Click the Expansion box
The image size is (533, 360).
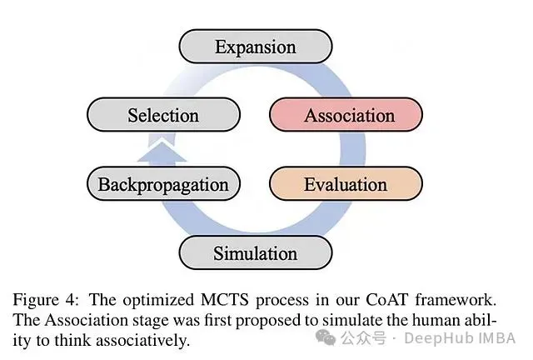point(256,47)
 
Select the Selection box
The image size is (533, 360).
point(163,115)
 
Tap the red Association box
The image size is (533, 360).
point(346,115)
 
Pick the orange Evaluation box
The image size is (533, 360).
point(346,183)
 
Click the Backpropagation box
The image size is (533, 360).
point(163,183)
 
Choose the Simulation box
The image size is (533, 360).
point(256,252)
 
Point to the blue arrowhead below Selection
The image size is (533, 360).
point(162,152)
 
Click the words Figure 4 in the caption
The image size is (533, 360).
point(46,300)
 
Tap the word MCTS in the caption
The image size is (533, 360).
point(224,300)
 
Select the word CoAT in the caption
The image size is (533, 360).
point(386,300)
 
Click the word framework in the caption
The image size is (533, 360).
point(456,300)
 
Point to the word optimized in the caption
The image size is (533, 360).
point(158,301)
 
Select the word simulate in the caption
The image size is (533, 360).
point(352,320)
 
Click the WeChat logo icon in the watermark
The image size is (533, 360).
point(326,337)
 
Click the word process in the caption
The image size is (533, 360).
point(282,301)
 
